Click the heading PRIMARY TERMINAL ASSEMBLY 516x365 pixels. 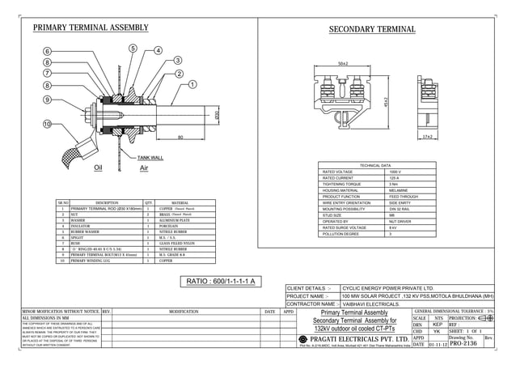click(x=91, y=28)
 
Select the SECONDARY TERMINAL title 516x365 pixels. click(x=372, y=30)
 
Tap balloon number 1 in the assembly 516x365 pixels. click(x=192, y=84)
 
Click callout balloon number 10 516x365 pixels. click(x=47, y=124)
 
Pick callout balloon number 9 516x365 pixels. click(x=48, y=100)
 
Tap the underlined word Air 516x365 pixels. click(x=144, y=168)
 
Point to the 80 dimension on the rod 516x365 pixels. click(x=180, y=138)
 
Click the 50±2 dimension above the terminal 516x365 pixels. click(x=343, y=63)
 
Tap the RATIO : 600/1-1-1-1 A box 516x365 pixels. click(x=222, y=281)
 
